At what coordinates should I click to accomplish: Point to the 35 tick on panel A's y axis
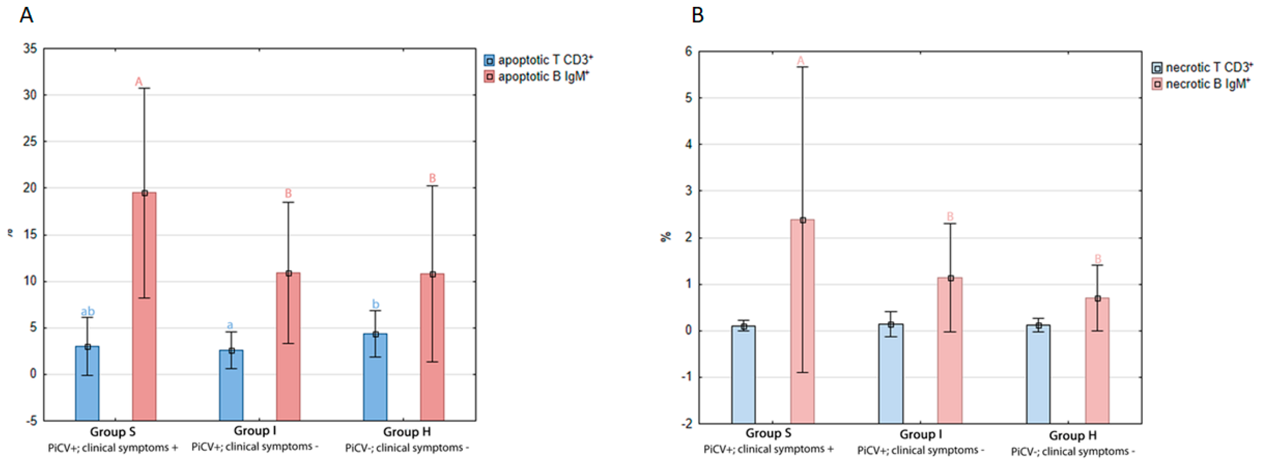(30, 49)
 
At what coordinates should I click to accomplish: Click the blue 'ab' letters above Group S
(88, 311)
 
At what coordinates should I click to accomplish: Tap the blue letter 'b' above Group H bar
(375, 304)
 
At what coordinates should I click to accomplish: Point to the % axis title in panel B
(666, 237)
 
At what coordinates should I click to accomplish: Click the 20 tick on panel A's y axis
(30, 188)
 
